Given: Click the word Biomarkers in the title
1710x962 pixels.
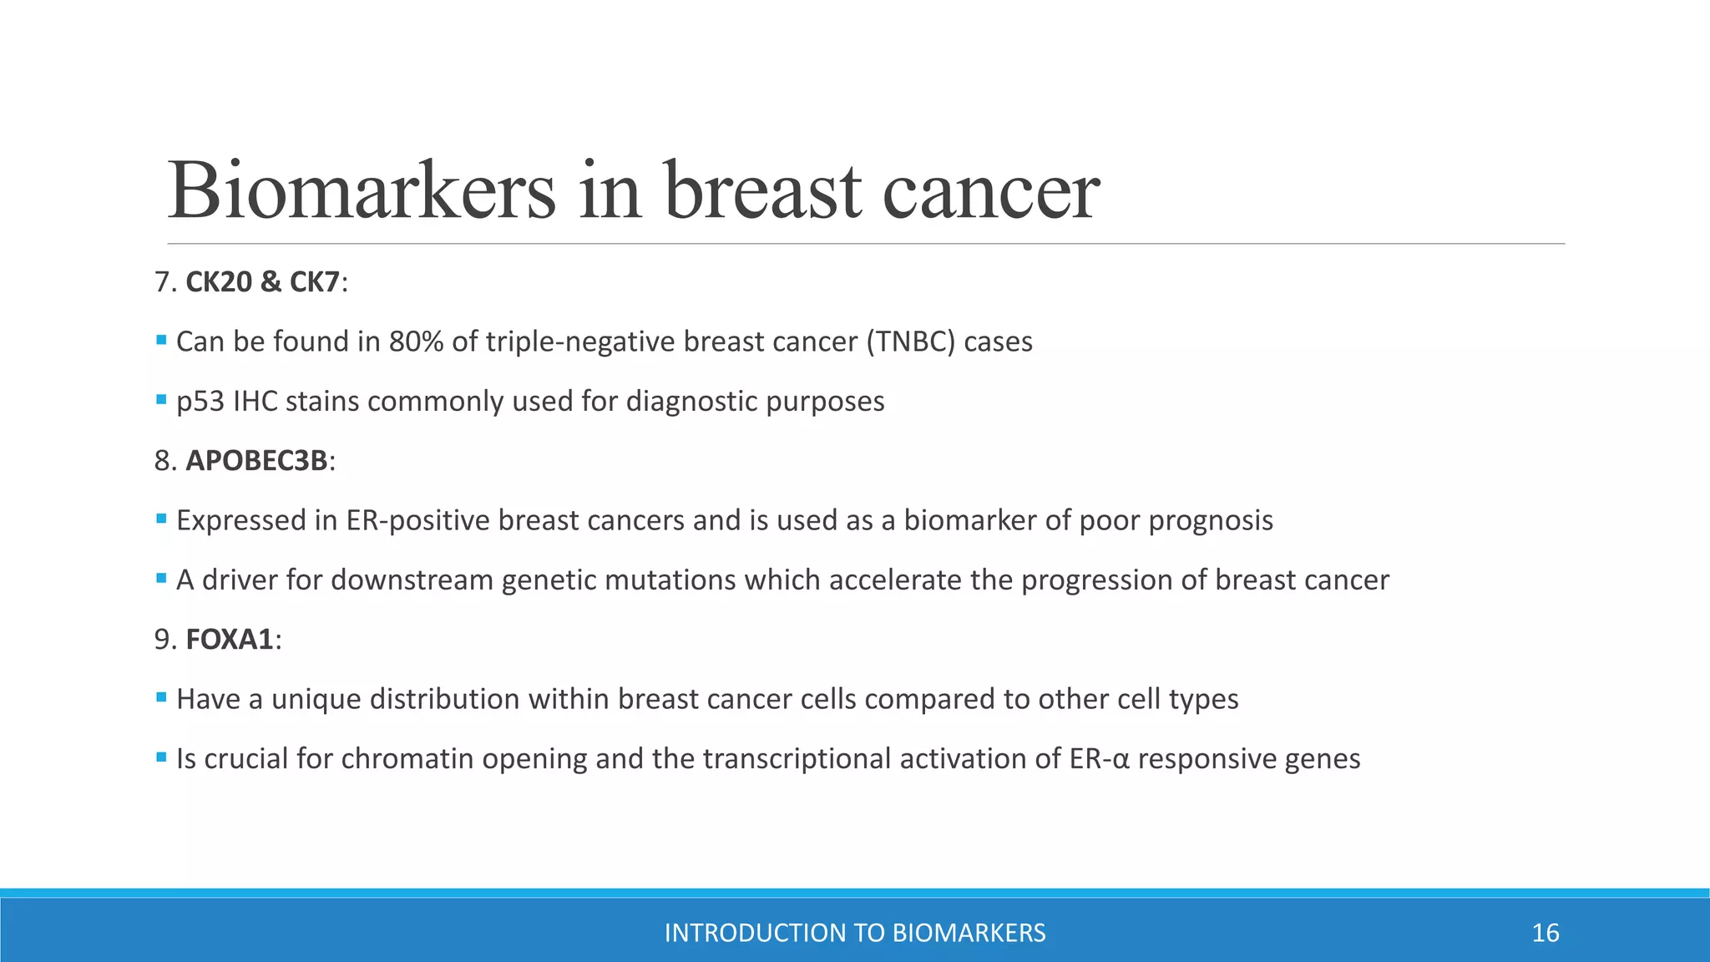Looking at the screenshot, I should tap(362, 190).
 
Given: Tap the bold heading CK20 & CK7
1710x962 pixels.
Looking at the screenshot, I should tap(262, 282).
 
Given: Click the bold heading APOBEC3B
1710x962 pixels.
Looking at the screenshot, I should tap(256, 461).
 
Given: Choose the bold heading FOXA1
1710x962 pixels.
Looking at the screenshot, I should tap(230, 640).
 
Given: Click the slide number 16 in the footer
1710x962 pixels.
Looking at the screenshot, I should tap(1546, 933).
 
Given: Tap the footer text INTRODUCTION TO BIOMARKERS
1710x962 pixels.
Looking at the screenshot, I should tap(855, 933).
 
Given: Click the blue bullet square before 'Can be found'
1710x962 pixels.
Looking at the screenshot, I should tap(161, 340).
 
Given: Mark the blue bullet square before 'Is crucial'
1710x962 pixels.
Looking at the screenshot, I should tap(161, 757).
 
